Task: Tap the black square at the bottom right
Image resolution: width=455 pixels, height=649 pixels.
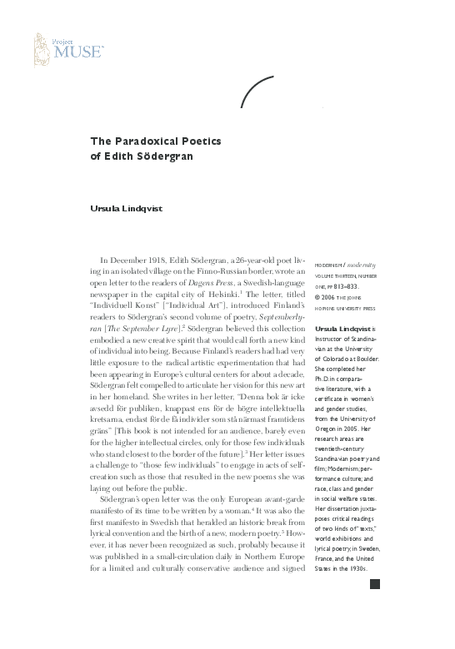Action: [374, 631]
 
